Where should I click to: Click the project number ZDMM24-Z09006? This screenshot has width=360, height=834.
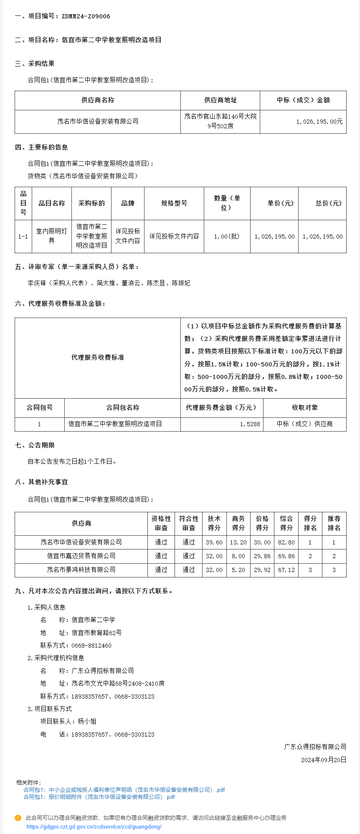click(x=86, y=16)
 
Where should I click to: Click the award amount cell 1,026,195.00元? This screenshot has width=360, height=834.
click(x=319, y=122)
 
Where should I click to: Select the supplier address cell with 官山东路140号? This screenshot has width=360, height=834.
click(x=220, y=121)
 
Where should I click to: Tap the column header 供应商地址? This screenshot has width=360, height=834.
click(x=220, y=100)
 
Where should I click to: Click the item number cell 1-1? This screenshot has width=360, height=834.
click(x=23, y=236)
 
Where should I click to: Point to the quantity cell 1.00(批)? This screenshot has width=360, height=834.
click(x=227, y=236)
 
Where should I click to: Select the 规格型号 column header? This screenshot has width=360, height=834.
click(x=174, y=203)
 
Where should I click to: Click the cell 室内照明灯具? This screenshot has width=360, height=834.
click(x=51, y=236)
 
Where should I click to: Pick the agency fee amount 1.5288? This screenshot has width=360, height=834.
click(x=250, y=424)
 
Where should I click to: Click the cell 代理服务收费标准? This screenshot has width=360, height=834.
click(x=98, y=358)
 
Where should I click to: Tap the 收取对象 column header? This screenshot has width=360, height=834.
click(x=304, y=408)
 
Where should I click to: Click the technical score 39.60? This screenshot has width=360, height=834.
click(x=214, y=542)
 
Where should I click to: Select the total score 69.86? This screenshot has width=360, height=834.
click(x=286, y=556)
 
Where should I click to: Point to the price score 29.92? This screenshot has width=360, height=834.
click(x=262, y=570)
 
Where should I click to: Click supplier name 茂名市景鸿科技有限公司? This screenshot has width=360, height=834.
click(x=81, y=570)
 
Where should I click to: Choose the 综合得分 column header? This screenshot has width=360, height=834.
click(x=286, y=523)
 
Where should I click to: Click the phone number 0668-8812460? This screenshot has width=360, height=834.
click(x=91, y=646)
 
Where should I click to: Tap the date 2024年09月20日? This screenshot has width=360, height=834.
click(x=323, y=760)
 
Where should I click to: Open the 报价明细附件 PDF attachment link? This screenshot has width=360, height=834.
click(x=99, y=797)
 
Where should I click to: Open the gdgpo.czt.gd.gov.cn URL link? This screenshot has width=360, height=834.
click(x=94, y=826)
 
